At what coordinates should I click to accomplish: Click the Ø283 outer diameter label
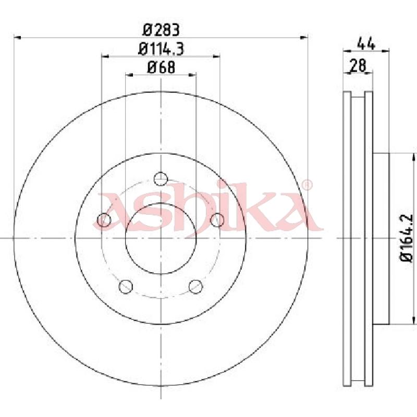(x=161, y=29)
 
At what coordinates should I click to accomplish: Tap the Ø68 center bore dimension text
(x=161, y=67)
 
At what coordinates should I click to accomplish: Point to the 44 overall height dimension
(x=366, y=44)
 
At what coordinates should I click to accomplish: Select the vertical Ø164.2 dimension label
(x=407, y=237)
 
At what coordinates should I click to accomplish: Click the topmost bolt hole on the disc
(x=161, y=179)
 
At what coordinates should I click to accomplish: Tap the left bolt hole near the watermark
(x=105, y=220)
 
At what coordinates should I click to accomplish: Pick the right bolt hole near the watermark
(x=217, y=220)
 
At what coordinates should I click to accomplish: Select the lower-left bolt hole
(x=126, y=286)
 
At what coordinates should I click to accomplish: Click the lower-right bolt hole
(x=195, y=286)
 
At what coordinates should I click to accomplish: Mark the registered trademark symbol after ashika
(x=308, y=185)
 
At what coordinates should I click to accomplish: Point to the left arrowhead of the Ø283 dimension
(x=17, y=37)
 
